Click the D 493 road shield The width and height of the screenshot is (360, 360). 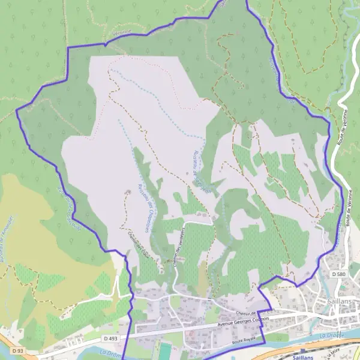(x=110, y=338)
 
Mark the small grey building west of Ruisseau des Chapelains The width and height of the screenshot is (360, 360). (x=127, y=192)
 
